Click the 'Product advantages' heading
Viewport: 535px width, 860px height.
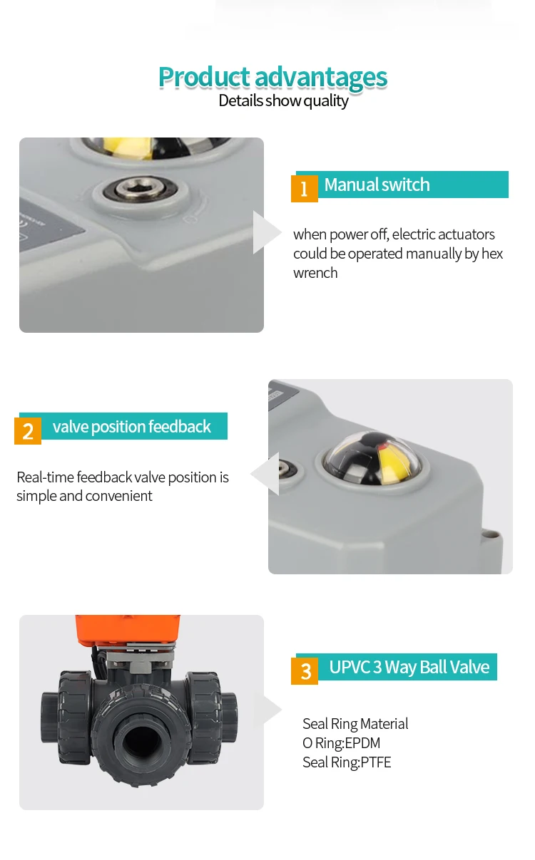(272, 77)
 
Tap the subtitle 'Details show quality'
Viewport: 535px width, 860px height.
(283, 100)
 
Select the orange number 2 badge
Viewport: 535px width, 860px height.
(28, 431)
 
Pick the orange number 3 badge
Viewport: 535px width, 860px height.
(305, 671)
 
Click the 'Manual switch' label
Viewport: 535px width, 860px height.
(377, 185)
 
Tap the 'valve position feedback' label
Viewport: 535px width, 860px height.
(131, 426)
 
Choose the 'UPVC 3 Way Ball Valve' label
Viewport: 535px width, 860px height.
(409, 667)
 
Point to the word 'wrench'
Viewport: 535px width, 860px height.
(315, 273)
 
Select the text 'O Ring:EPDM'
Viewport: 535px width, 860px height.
(341, 743)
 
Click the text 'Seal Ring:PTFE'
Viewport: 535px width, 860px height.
(347, 762)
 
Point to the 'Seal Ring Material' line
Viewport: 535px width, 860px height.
(355, 724)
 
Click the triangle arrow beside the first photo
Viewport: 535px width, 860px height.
(265, 232)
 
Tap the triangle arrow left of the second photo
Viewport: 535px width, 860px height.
(265, 474)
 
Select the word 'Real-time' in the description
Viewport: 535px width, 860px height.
(45, 477)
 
